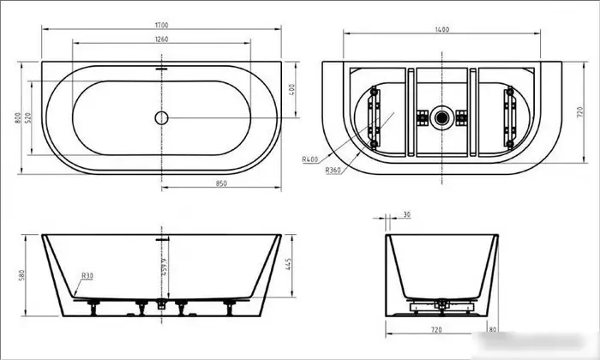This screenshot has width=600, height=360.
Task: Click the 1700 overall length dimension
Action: (x=162, y=27)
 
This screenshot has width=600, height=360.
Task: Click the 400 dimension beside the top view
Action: (x=292, y=88)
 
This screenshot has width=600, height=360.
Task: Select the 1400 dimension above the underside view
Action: (x=441, y=30)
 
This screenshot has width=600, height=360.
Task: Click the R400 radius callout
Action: (x=311, y=159)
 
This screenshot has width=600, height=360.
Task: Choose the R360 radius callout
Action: (x=334, y=171)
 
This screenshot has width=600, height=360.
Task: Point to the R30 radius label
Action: (x=87, y=276)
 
